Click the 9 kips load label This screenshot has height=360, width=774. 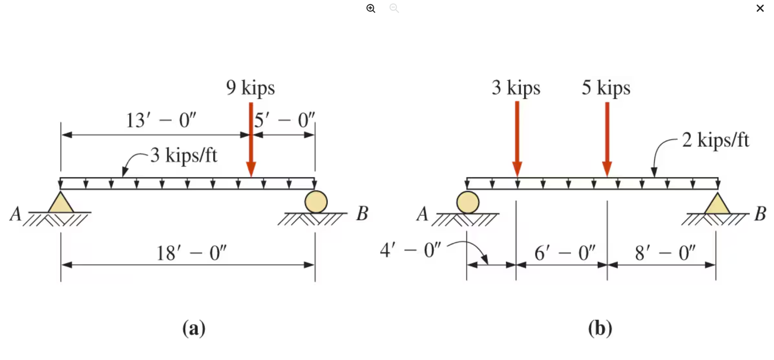[250, 88]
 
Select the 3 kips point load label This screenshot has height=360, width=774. [516, 88]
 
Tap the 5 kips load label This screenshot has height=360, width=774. [606, 88]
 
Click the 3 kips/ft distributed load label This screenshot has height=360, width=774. [184, 155]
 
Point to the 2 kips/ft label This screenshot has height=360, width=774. [715, 140]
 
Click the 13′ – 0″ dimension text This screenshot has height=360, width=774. [161, 120]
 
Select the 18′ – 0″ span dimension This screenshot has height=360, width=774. [191, 253]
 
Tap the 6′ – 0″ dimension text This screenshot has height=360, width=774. [564, 253]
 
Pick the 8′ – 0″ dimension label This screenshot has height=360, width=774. [665, 253]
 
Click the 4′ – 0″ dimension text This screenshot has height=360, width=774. [410, 250]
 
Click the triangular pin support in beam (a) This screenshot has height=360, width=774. [61, 203]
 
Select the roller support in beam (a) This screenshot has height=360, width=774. [316, 202]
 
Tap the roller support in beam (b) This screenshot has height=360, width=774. [468, 202]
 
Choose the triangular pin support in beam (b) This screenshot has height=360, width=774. [717, 204]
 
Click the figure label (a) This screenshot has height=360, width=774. [194, 328]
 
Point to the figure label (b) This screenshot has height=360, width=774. [600, 328]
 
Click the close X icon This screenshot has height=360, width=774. [760, 8]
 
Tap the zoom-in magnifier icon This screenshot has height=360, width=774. [371, 8]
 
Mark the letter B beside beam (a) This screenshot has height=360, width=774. [362, 214]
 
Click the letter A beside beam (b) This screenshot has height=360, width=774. [422, 214]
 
